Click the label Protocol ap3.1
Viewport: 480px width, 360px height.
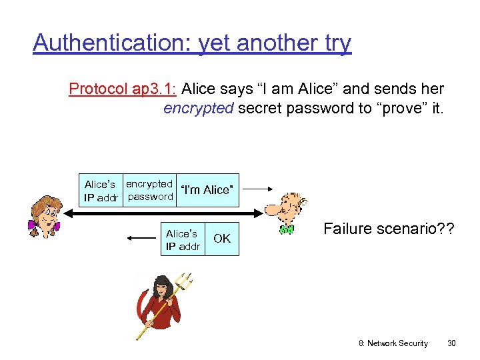coord(123,89)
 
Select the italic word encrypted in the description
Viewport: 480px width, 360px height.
coord(197,108)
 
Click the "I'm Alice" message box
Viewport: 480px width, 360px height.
coord(207,190)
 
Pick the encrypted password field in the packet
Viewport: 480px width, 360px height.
coord(150,190)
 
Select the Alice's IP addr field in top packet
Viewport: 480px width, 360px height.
coord(100,190)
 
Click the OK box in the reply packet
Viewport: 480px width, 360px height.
coord(222,239)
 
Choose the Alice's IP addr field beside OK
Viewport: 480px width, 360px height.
coord(183,240)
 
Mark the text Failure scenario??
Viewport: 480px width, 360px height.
coord(389,229)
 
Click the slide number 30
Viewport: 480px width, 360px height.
coord(451,343)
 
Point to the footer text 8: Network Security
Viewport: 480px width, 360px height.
coord(393,343)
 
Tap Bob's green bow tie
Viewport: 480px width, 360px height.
coord(287,230)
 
